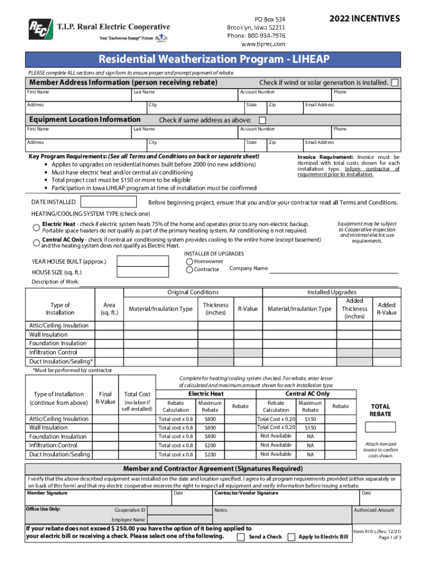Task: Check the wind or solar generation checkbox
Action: tap(395, 83)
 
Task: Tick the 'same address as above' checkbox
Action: tap(262, 120)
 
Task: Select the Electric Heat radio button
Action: tap(35, 225)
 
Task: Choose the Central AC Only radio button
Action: tap(35, 240)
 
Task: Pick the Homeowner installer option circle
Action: tap(190, 261)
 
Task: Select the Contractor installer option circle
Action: tap(190, 270)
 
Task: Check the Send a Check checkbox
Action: tap(241, 537)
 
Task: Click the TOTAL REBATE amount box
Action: tap(380, 427)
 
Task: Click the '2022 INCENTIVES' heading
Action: tap(364, 19)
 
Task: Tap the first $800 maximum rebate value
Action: tap(210, 419)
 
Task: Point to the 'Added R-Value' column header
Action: tap(387, 308)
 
